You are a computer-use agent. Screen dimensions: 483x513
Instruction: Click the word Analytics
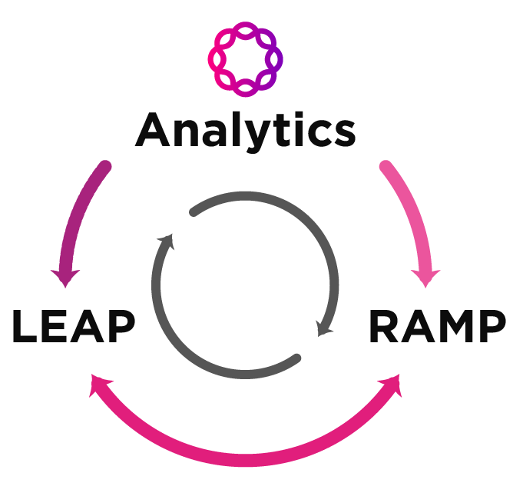tap(246, 131)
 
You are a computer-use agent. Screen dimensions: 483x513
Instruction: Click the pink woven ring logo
tap(245, 59)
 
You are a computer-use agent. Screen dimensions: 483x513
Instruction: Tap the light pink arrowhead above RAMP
tap(425, 278)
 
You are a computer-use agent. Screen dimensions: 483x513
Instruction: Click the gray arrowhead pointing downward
tap(325, 328)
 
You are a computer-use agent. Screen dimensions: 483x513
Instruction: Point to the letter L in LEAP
tap(25, 328)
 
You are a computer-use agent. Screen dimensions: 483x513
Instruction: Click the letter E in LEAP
tap(54, 328)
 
